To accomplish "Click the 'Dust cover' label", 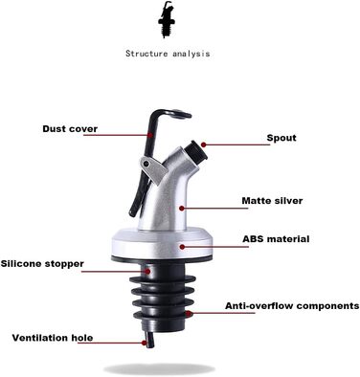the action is (70, 129).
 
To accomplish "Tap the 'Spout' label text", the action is (281, 138).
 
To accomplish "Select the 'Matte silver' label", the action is (272, 201).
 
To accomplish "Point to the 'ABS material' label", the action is (276, 239).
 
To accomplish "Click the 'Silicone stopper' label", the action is (42, 264).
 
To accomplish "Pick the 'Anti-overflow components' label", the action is (292, 305).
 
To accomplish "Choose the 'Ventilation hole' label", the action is (53, 338).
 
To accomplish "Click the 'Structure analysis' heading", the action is (168, 54).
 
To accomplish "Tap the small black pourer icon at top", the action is (167, 19).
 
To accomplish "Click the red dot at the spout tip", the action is (204, 144).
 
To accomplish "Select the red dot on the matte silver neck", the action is (182, 209).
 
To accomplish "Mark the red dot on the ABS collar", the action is (182, 247).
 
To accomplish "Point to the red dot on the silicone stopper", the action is (147, 272).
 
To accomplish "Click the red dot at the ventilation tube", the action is (145, 343).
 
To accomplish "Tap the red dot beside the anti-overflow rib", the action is (190, 313).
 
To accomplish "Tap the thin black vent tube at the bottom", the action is (149, 340).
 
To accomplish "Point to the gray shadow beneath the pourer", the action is (159, 369).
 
